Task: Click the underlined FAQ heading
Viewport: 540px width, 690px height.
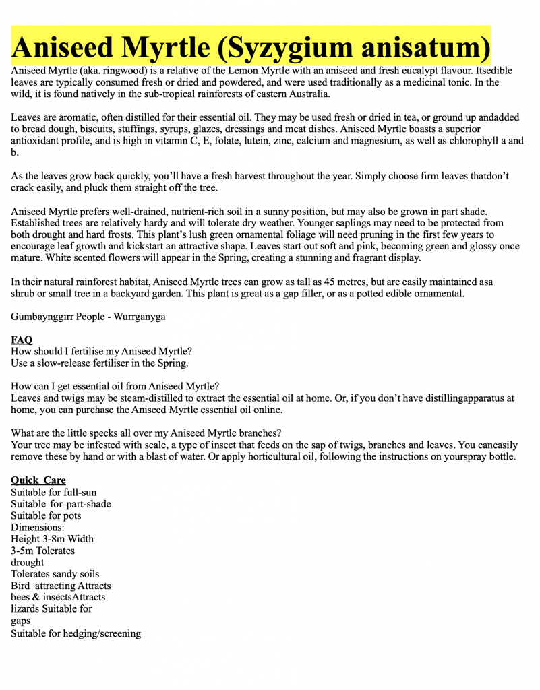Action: point(22,340)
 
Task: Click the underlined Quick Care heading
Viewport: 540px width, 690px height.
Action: point(38,480)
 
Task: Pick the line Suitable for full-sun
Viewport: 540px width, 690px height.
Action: point(54,492)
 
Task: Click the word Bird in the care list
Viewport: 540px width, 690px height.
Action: point(21,586)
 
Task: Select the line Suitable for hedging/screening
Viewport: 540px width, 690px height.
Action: point(76,633)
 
